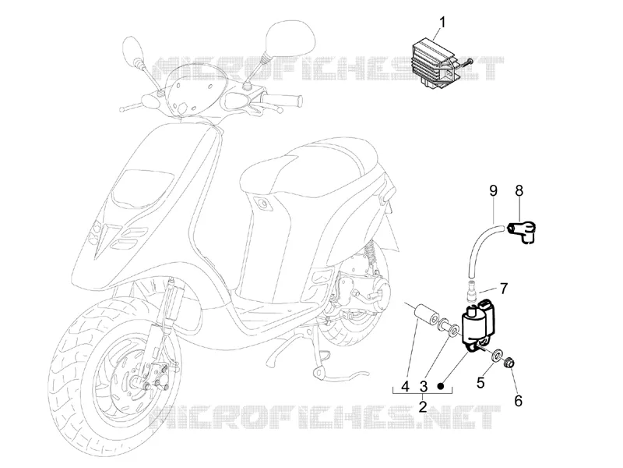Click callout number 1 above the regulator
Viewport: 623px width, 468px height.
(442, 22)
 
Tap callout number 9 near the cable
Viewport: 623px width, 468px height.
(493, 191)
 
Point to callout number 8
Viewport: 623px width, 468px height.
(519, 191)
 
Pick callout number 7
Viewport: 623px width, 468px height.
(504, 288)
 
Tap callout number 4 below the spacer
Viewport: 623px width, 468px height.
(405, 386)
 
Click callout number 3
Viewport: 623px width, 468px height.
(424, 386)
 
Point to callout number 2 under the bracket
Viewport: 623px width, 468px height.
(423, 406)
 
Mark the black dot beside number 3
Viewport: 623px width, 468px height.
(440, 385)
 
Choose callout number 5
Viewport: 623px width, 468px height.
(480, 383)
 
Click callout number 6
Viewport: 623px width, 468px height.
(518, 401)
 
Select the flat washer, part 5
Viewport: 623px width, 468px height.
(497, 355)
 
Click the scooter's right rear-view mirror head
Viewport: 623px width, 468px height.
(290, 37)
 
